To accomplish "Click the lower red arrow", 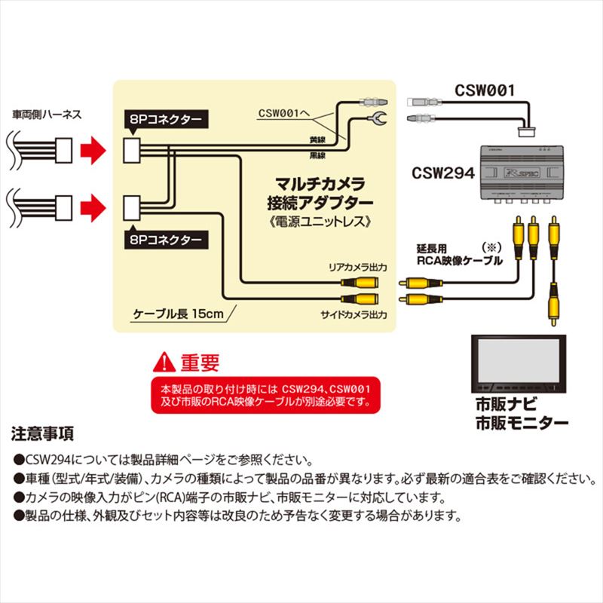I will (94, 204).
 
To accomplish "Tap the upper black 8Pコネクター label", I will (164, 118).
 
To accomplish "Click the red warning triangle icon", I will (164, 364).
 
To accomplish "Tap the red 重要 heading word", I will (200, 364).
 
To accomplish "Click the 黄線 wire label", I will (318, 140).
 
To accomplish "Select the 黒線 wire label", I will (318, 155).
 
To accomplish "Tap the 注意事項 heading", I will (42, 435).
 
